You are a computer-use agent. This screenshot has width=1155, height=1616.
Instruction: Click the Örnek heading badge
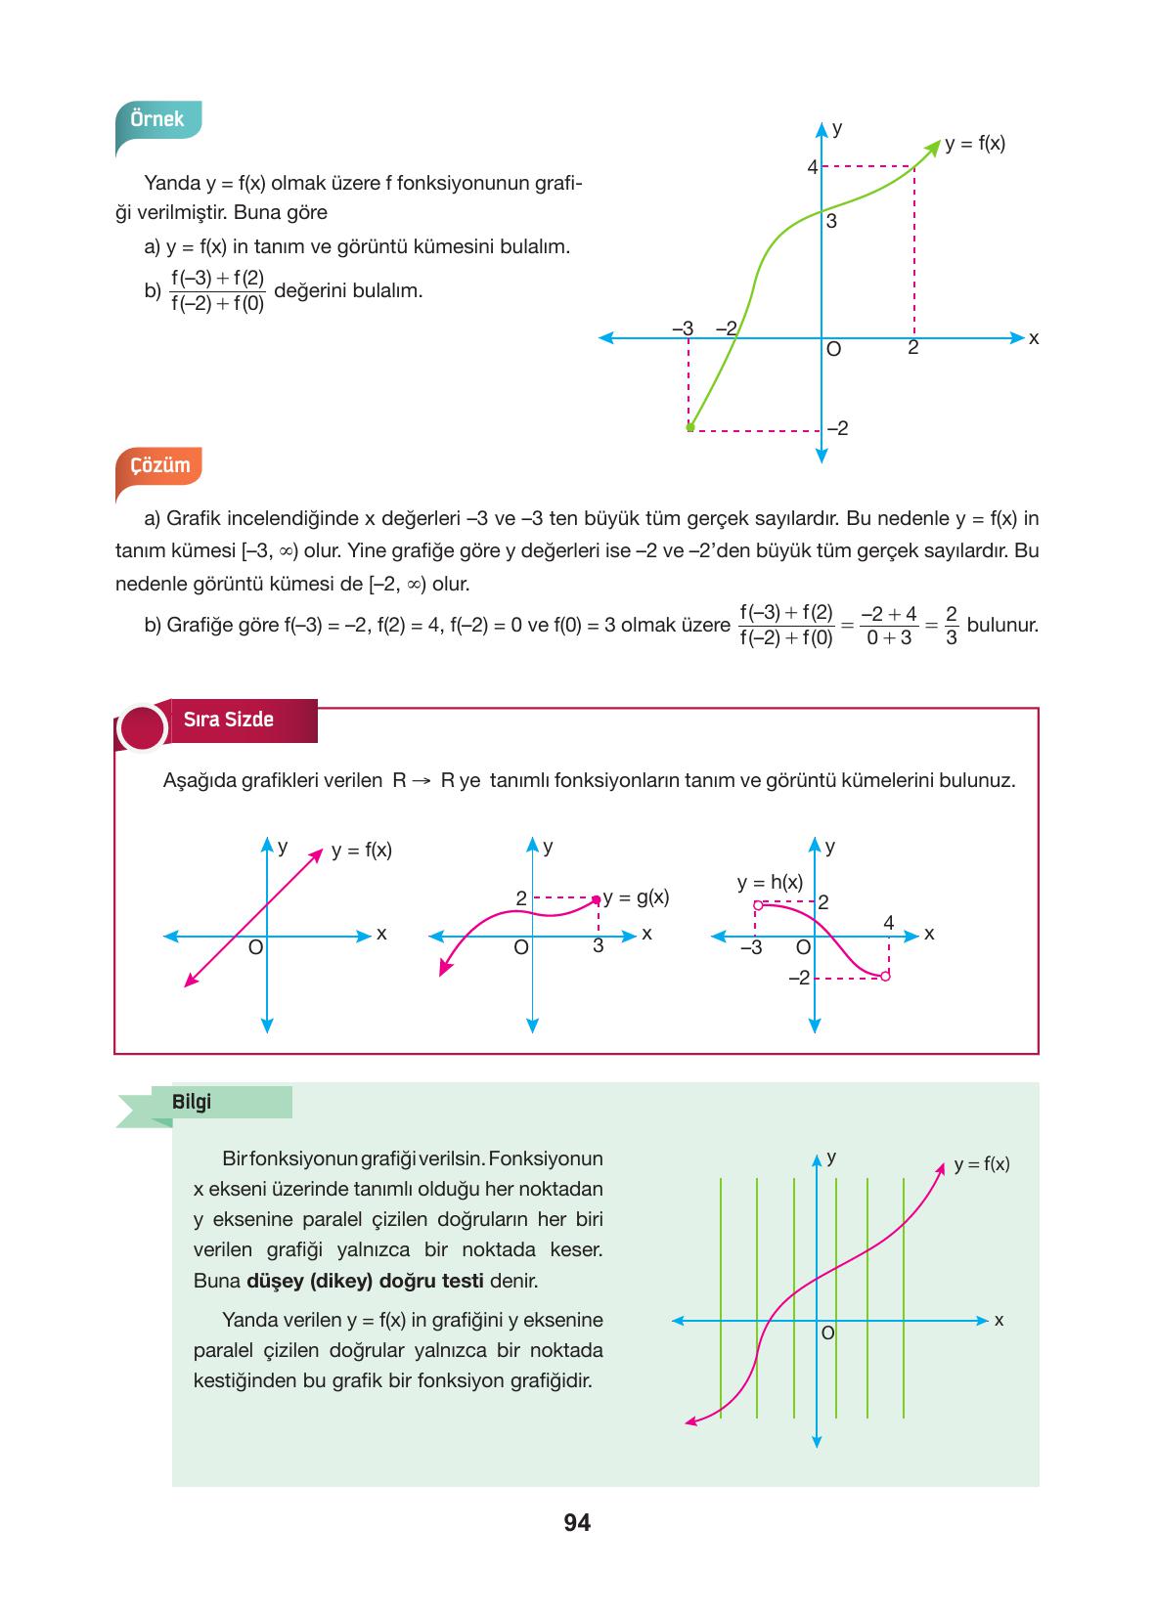coord(157,119)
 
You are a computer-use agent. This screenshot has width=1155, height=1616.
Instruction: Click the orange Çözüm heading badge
coord(160,465)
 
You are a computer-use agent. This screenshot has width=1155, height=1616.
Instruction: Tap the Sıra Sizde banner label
coord(229,720)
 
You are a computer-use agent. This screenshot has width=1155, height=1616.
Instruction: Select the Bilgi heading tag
coord(192,1102)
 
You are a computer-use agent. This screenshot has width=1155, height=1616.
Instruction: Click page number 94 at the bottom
coord(577,1522)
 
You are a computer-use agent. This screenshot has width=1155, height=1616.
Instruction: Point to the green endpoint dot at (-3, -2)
coord(689,427)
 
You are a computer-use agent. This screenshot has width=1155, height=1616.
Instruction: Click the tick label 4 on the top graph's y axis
coord(812,167)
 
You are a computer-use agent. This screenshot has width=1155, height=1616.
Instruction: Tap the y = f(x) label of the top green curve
coord(975,144)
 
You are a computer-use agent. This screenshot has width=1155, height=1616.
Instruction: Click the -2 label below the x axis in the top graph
coord(837,428)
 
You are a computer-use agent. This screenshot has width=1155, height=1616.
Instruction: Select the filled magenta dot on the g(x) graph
coord(597,898)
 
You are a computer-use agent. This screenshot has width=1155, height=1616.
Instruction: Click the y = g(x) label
coord(637,896)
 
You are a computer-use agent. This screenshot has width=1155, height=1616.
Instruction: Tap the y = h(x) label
coord(770,882)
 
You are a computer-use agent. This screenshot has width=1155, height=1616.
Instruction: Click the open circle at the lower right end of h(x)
coord(886,976)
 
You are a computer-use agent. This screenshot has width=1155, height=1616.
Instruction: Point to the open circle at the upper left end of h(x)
coord(757,905)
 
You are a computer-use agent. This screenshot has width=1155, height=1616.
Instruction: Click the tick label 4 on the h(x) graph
coord(888,922)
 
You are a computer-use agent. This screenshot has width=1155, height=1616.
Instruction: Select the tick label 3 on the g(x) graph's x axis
coord(599,946)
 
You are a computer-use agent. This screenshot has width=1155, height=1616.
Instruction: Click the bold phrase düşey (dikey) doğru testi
coord(365,1281)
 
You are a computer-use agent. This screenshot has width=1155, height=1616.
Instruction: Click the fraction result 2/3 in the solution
coord(952,626)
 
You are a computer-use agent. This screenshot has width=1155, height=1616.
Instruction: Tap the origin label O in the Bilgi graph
coord(827,1332)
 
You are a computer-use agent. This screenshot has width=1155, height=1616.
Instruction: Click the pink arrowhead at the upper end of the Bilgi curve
coord(942,1165)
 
